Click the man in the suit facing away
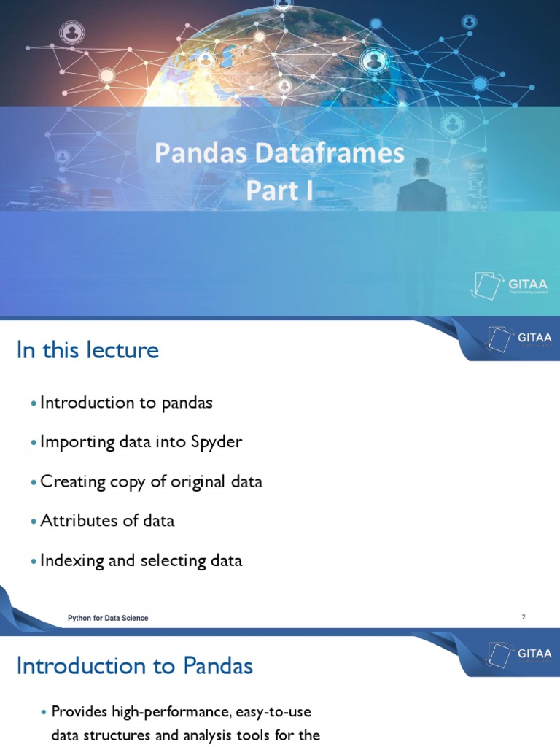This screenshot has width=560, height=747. point(421,186)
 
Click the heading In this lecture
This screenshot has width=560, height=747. point(87,350)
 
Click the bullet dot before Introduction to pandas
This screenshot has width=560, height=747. point(34,403)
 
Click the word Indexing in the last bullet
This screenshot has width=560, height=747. point(71,561)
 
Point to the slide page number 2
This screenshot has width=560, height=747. point(523,617)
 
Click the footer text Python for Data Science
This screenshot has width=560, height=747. point(108,618)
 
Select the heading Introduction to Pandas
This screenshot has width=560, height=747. point(134,666)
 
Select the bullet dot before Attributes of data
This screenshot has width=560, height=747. point(34,522)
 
